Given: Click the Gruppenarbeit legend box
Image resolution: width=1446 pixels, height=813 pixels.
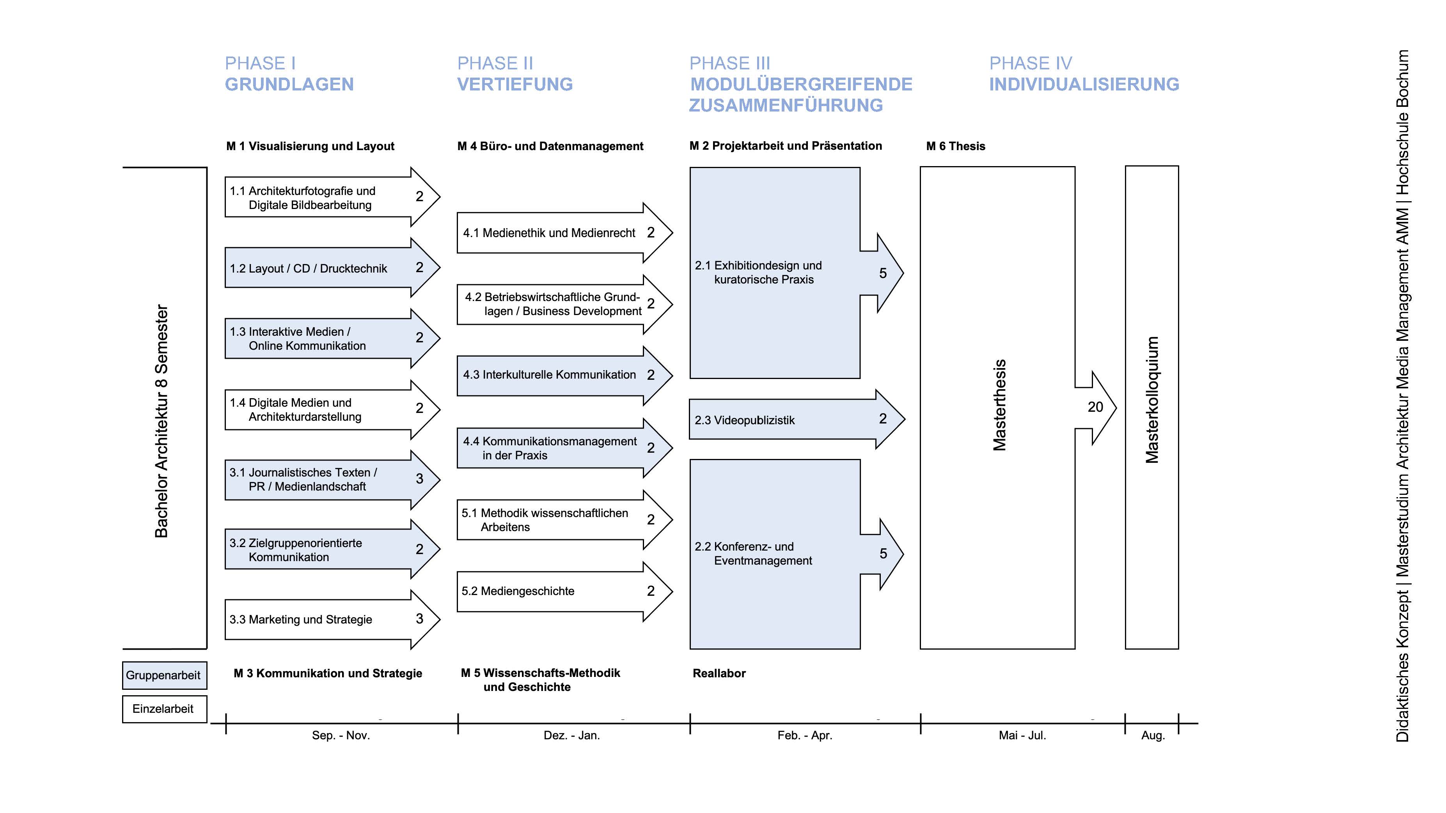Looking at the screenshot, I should [164, 675].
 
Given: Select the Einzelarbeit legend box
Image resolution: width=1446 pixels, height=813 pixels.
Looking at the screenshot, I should [164, 708].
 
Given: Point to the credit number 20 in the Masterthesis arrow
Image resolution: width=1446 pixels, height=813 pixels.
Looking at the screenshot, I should [1095, 407].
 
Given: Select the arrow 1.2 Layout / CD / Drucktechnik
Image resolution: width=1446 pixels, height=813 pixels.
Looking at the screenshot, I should [320, 268].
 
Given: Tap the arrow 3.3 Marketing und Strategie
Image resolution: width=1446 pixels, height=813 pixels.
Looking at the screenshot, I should [320, 620].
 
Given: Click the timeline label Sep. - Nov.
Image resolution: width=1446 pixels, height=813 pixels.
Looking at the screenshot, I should [341, 735].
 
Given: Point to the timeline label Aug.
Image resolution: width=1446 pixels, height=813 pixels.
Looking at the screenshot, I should [1153, 735].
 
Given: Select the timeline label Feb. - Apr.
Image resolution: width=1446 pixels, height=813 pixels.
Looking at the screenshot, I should [804, 735].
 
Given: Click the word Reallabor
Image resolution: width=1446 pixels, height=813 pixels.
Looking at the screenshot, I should [719, 673].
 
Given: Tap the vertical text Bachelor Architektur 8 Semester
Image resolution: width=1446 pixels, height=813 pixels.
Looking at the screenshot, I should [161, 421].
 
